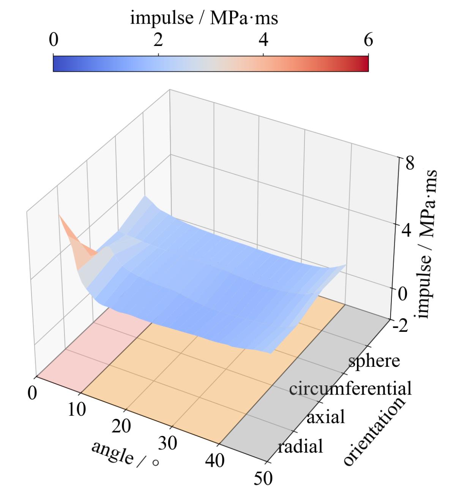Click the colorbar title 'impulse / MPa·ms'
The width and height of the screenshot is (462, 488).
[204, 18]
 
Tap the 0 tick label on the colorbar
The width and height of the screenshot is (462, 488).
[54, 40]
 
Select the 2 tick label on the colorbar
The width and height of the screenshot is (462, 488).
[158, 40]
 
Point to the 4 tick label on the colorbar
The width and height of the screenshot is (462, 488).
[263, 40]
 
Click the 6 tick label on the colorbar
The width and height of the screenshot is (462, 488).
[368, 40]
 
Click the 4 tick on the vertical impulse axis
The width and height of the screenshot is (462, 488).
[406, 230]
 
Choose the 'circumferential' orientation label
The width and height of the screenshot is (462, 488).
[350, 388]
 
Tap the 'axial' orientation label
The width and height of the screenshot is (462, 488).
[325, 417]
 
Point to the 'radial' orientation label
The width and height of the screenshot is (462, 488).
[300, 446]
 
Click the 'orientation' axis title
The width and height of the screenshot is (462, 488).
[374, 431]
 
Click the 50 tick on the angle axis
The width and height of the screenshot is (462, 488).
[263, 478]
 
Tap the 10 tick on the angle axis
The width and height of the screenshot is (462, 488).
[77, 410]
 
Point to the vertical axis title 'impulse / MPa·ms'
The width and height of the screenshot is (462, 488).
[428, 243]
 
